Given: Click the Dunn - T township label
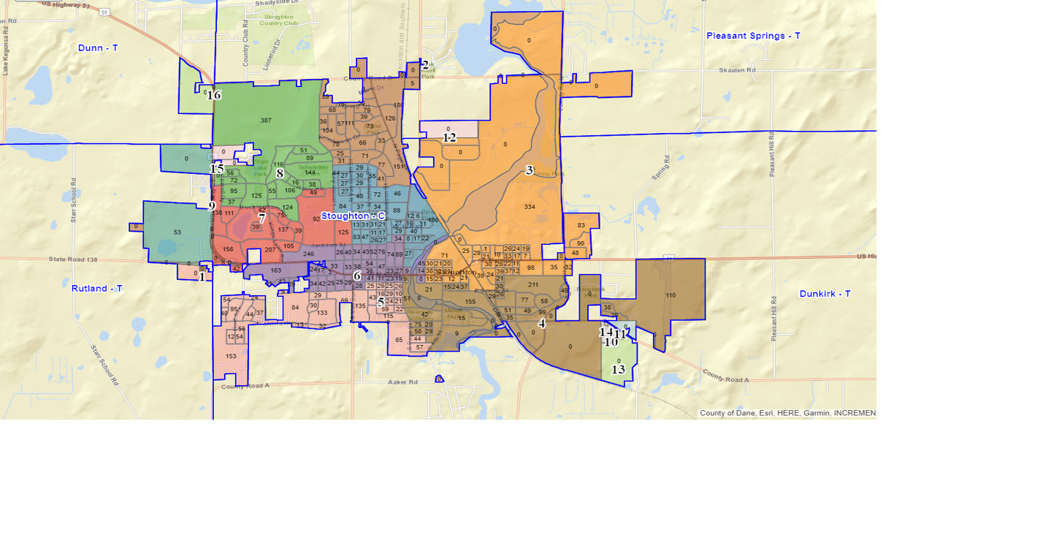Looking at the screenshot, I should (98, 48).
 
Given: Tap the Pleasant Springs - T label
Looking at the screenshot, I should (753, 35).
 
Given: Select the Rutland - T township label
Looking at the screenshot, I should (97, 288).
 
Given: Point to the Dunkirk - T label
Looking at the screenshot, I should (825, 293).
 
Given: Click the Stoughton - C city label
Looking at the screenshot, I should (353, 216).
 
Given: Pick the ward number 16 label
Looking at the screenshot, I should (213, 95).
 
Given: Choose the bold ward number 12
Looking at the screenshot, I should (449, 137).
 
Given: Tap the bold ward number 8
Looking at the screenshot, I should (280, 174).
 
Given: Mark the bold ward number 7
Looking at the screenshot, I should (261, 218).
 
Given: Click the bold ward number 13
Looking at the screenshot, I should (618, 370).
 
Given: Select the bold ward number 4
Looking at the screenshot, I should (542, 324).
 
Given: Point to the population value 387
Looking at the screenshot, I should (266, 121).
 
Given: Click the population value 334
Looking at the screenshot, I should (530, 207).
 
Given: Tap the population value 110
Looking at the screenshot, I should (671, 295).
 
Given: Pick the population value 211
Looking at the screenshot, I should (533, 284).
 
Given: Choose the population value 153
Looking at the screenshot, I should (231, 356).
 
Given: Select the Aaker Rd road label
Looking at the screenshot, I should (402, 382).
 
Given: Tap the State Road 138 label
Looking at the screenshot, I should (73, 259).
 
